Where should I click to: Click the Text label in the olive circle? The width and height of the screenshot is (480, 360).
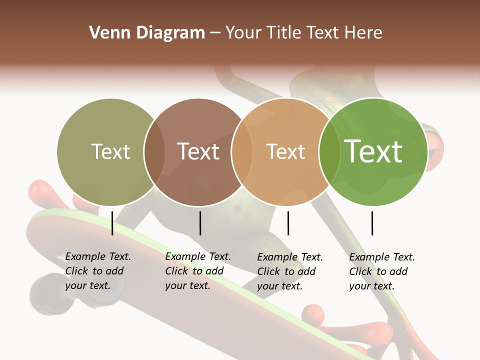click(110, 151)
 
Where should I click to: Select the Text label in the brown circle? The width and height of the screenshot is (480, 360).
click(198, 151)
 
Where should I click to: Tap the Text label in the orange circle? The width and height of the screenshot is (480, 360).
click(285, 151)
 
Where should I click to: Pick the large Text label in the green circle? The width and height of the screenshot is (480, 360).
click(373, 151)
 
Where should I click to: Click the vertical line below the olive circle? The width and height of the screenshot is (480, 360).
click(112, 223)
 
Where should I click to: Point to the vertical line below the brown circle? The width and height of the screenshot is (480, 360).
click(200, 223)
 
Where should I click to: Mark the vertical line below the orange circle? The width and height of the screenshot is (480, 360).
click(288, 223)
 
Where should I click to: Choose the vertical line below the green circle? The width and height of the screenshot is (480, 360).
click(372, 223)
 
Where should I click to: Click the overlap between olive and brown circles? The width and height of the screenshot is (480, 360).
click(154, 152)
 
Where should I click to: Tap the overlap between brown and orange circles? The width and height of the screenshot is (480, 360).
click(242, 152)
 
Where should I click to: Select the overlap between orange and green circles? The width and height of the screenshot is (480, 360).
click(329, 152)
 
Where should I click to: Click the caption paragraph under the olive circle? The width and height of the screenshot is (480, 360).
click(98, 271)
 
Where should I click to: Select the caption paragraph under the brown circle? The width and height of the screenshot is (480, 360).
click(198, 271)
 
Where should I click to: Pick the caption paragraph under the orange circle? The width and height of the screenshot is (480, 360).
click(290, 271)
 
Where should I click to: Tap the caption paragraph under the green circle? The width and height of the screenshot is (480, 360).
click(382, 271)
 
